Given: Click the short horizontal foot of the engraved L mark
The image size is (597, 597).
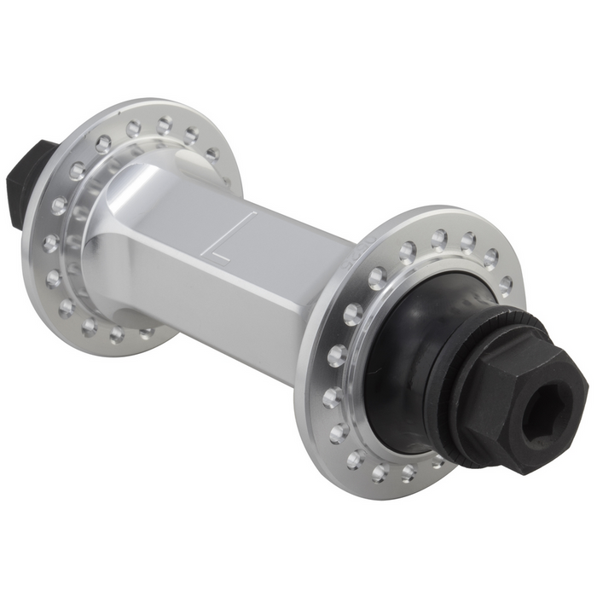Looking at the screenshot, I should point(221,254).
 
